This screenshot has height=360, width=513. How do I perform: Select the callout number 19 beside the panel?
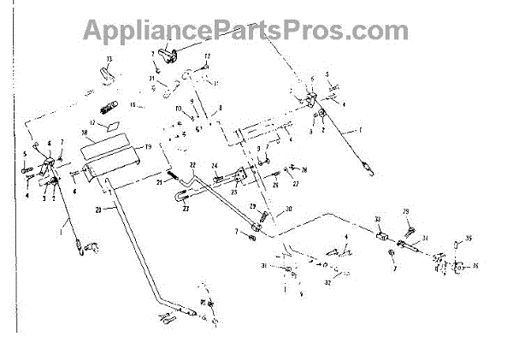pos(148,147)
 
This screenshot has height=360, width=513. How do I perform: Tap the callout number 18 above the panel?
pos(85,134)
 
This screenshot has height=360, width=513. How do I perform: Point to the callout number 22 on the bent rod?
pos(193,164)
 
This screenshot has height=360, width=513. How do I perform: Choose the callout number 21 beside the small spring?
pos(159,181)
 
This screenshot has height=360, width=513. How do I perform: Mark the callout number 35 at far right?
pos(469,239)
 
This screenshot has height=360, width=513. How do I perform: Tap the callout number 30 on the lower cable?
pos(288,210)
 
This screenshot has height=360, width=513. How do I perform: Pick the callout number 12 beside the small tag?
pos(91,123)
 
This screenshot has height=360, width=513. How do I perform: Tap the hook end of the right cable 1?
pos(369,169)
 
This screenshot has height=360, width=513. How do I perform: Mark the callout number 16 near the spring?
pos(133,104)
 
